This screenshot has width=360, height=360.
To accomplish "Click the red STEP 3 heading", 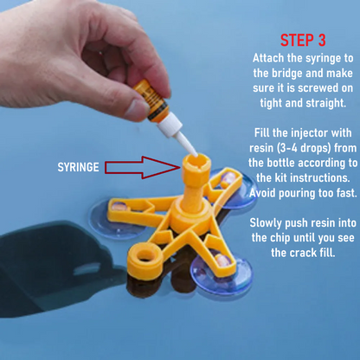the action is click(303, 40).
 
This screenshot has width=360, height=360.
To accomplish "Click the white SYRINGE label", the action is click(78, 167).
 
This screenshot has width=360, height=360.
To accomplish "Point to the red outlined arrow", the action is click(143, 167).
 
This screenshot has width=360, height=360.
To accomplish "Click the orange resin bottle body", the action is click(151, 100).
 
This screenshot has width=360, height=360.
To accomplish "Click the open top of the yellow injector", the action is click(196, 162).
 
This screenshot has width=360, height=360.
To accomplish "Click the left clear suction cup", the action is click(115, 219).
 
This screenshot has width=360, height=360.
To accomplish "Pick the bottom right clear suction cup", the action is click(222, 272).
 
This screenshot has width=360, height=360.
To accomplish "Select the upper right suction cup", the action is click(233, 188).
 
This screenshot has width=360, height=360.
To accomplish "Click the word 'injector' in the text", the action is click(309, 133).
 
